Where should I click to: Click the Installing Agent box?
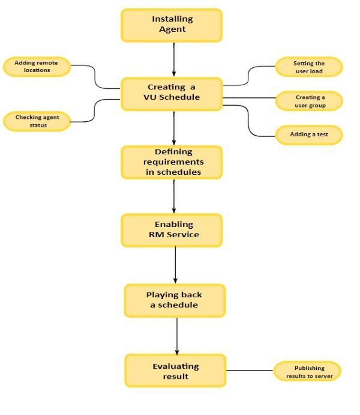pyautogui.click(x=172, y=25)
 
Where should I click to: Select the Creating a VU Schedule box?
pyautogui.click(x=172, y=93)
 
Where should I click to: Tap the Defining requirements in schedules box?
pyautogui.click(x=172, y=162)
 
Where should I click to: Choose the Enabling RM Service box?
pyautogui.click(x=172, y=230)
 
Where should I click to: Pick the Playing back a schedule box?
pyautogui.click(x=175, y=300)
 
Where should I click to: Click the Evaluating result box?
pyautogui.click(x=175, y=371)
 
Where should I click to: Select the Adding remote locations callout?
pyautogui.click(x=37, y=66)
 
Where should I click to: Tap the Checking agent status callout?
pyautogui.click(x=37, y=121)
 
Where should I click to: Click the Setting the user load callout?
pyautogui.click(x=309, y=67)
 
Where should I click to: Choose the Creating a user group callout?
pyautogui.click(x=309, y=101)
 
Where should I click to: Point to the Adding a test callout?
pyautogui.click(x=309, y=135)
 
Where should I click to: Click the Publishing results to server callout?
pyautogui.click(x=308, y=371)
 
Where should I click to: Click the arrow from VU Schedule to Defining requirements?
pyautogui.click(x=174, y=128)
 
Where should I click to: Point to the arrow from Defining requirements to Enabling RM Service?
pyautogui.click(x=174, y=196)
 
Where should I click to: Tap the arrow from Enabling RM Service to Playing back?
pyautogui.click(x=176, y=265)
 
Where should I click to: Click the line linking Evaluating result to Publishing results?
pyautogui.click(x=250, y=371)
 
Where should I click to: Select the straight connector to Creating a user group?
pyautogui.click(x=249, y=97)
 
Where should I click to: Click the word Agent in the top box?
pyautogui.click(x=172, y=29)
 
